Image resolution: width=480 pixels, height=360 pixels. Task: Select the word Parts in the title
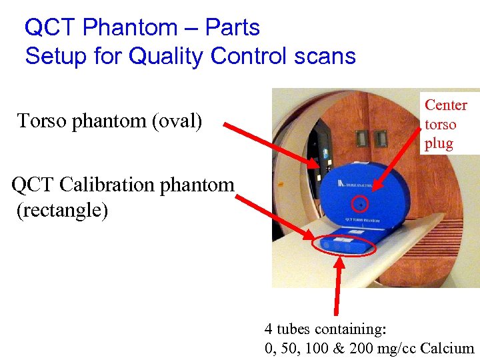pos(233,27)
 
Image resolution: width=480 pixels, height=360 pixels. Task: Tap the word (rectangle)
pos(61,211)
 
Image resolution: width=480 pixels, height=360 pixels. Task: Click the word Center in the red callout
pos(446,105)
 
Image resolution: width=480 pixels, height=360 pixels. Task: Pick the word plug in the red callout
pos(439,143)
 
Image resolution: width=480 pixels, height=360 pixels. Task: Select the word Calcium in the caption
pos(448,348)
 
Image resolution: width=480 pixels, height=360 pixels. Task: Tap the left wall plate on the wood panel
pos(362,138)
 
